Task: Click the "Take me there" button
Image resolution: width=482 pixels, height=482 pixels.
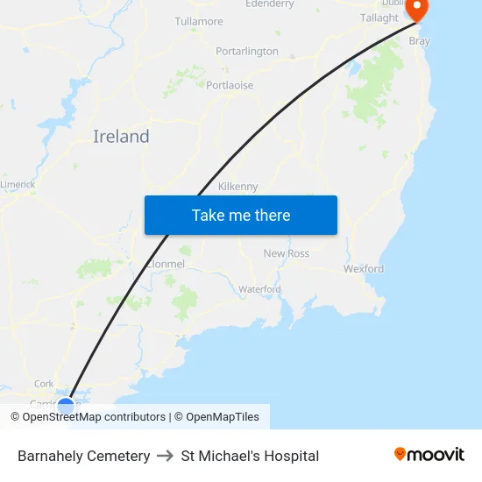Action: point(241,215)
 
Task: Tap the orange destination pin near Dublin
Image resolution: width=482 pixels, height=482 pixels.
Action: point(417,9)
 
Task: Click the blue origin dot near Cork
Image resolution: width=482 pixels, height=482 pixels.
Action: point(66,405)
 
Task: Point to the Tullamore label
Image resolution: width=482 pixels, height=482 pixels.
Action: point(199,21)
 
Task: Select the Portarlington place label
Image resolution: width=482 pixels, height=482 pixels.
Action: point(247,52)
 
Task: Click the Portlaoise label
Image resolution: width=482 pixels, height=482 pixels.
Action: point(230,85)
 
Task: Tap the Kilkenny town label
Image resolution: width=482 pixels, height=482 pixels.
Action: point(238,187)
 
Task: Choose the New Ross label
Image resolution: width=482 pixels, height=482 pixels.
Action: point(287,253)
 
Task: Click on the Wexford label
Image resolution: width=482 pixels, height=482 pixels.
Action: point(364,269)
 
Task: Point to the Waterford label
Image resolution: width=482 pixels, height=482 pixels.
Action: point(259,289)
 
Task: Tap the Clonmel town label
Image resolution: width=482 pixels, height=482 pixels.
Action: point(166,264)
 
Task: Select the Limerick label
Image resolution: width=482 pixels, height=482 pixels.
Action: point(18,184)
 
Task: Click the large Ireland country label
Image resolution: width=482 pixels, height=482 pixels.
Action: point(121,137)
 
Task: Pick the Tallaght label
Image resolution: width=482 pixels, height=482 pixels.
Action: point(379,18)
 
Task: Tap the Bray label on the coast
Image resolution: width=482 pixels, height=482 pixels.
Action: point(419,40)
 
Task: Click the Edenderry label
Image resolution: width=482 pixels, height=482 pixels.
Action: point(269,4)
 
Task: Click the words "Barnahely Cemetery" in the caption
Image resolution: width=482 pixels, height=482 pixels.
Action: point(83,456)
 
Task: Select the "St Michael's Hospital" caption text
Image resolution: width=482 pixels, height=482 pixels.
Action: point(250,456)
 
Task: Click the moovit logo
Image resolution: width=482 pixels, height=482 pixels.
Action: point(429,454)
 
